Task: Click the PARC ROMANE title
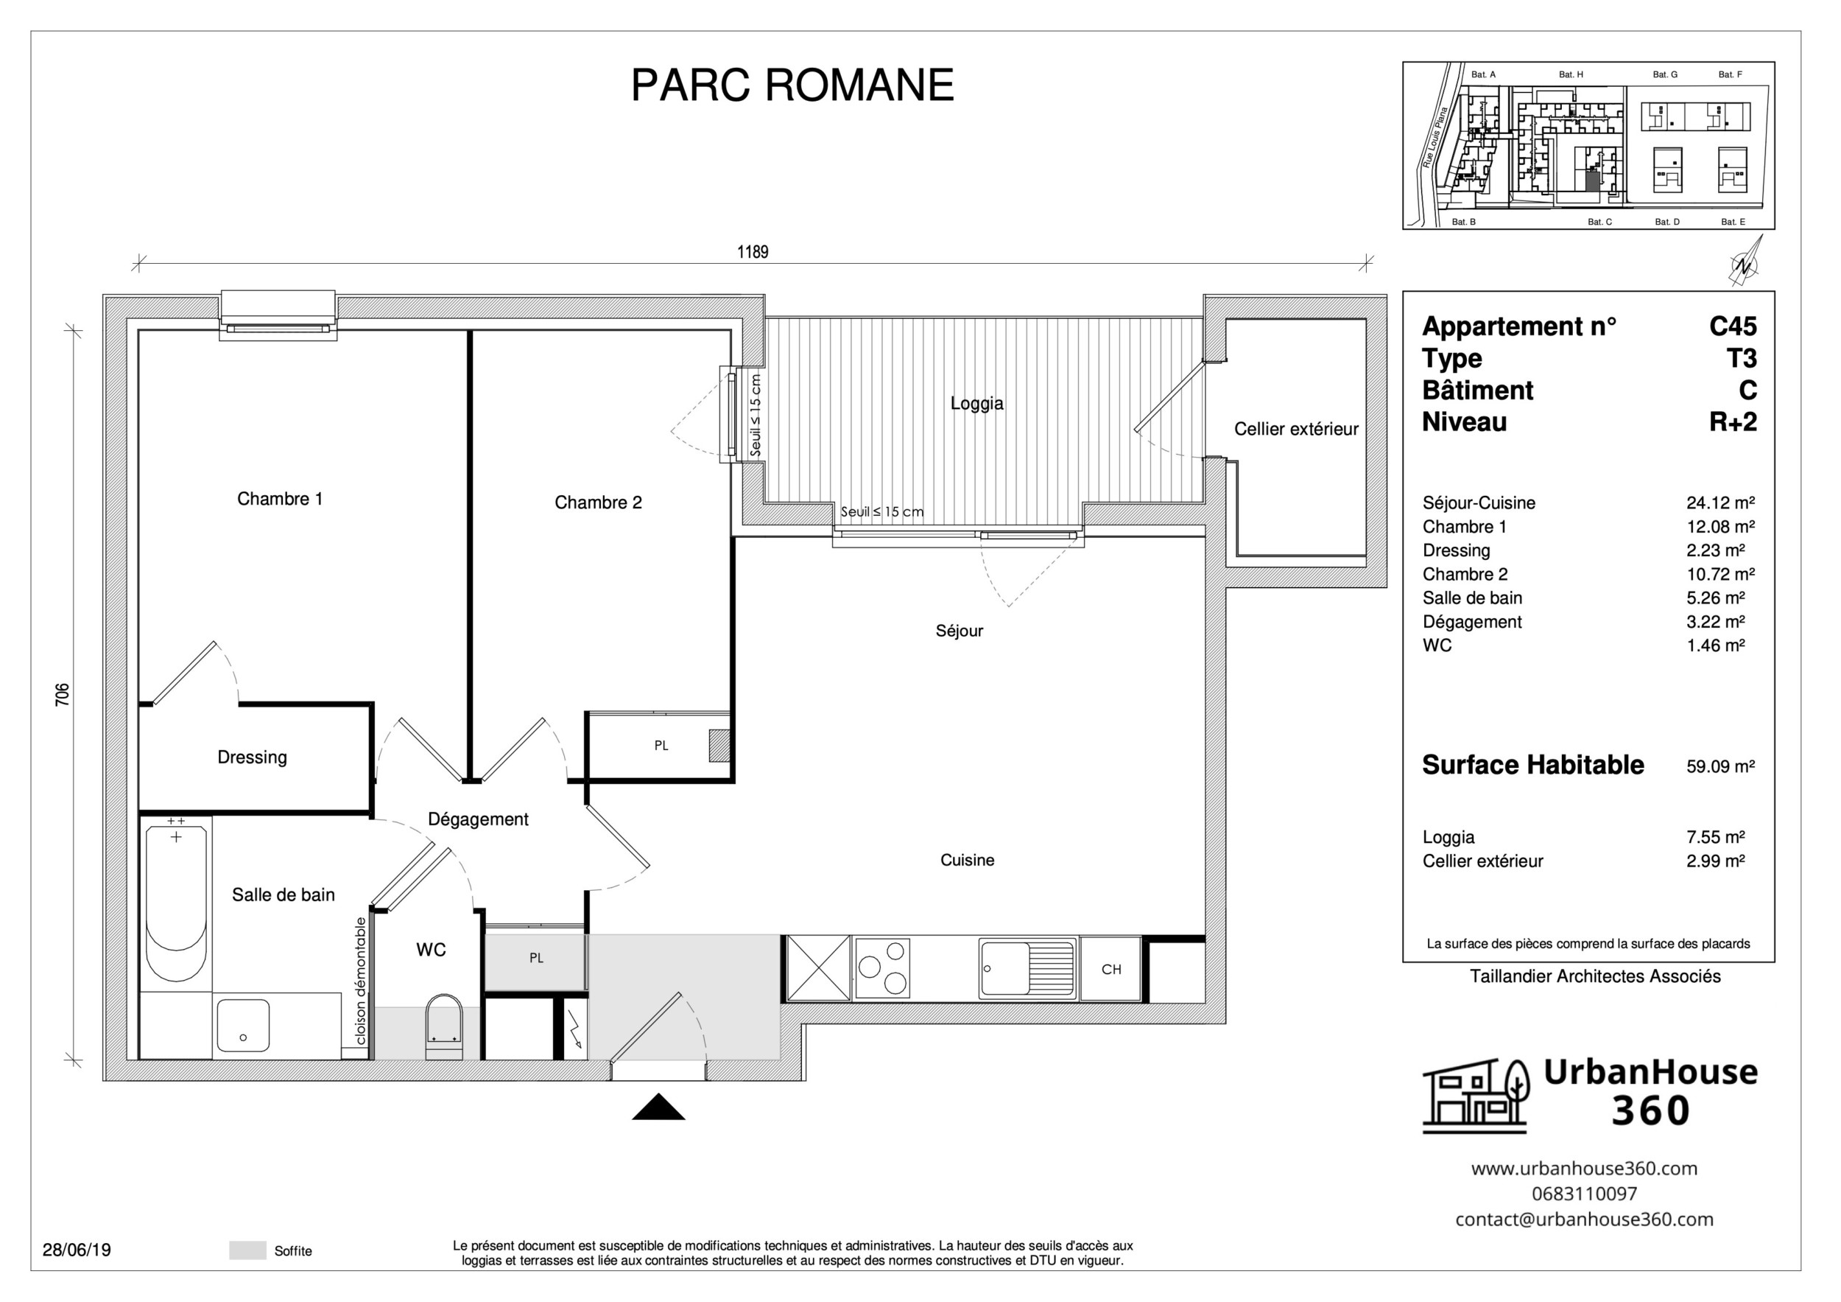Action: pyautogui.click(x=792, y=85)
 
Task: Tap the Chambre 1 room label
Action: pyautogui.click(x=280, y=499)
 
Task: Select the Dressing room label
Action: pyautogui.click(x=252, y=757)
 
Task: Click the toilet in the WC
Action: pyautogui.click(x=443, y=1028)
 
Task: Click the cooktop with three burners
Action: pyautogui.click(x=883, y=968)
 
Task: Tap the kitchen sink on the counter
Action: pyautogui.click(x=1027, y=969)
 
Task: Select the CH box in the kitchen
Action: pyautogui.click(x=1110, y=969)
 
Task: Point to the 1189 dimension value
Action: pyautogui.click(x=752, y=252)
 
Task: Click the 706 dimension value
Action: pyautogui.click(x=63, y=694)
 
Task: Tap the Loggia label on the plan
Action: pyautogui.click(x=976, y=404)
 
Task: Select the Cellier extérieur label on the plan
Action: pyautogui.click(x=1296, y=429)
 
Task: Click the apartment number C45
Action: pyautogui.click(x=1732, y=326)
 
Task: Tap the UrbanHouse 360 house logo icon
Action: pyautogui.click(x=1475, y=1096)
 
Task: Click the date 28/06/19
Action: pyautogui.click(x=77, y=1250)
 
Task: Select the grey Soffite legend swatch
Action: pyautogui.click(x=247, y=1250)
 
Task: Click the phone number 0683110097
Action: pyautogui.click(x=1583, y=1194)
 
